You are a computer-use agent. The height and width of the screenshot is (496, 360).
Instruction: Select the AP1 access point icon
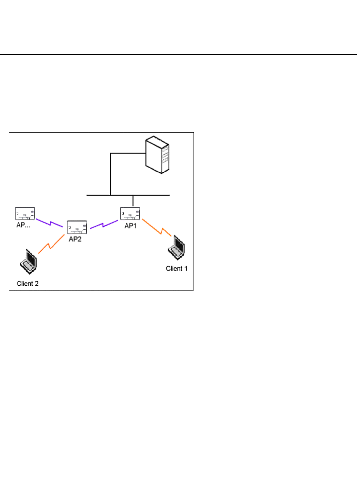(130, 213)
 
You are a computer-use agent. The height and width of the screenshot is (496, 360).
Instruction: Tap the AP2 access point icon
(77, 227)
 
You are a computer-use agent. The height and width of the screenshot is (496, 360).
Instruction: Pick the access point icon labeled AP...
(25, 213)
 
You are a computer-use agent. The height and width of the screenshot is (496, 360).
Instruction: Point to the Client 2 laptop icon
(29, 262)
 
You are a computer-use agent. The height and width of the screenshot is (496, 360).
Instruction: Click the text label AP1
(130, 226)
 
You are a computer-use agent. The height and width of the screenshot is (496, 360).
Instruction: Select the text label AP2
(75, 239)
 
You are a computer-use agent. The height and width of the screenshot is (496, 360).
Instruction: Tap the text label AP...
(23, 225)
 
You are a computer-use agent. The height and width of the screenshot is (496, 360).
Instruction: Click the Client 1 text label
(176, 269)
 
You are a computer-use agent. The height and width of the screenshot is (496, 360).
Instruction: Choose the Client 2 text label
(27, 284)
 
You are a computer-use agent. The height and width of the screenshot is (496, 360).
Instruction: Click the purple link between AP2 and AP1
(104, 225)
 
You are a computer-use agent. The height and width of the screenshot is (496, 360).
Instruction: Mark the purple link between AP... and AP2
(50, 223)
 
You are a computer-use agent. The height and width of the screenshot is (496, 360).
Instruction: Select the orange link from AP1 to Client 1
(157, 228)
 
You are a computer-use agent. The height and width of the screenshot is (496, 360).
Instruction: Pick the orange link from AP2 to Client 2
(51, 244)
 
